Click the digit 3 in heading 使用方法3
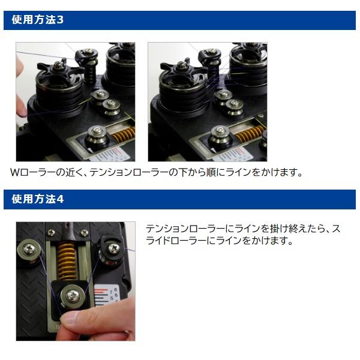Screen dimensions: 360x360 point(59,20)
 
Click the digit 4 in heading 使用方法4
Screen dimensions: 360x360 point(59,199)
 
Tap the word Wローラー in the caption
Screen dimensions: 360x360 point(32,172)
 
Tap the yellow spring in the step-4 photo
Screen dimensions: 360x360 point(67,261)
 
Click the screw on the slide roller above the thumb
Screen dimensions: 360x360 point(73,296)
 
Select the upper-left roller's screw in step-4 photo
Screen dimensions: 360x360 point(29,248)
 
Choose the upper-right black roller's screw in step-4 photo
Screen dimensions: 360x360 point(113,248)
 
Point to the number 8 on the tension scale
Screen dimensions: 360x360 point(115,290)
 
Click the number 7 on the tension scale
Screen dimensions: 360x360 point(111,292)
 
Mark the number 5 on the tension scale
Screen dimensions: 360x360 point(112,298)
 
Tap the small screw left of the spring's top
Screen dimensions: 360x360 point(51,233)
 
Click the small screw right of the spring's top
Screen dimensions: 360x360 point(85,233)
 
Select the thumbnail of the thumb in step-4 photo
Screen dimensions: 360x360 point(68,318)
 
